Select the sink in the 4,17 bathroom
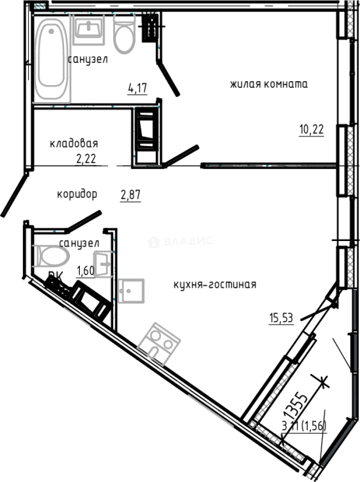point(88,29)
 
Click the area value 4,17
point(137,88)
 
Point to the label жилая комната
point(269,84)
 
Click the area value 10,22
point(311,129)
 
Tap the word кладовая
point(74,144)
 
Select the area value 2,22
point(86,159)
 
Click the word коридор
point(77,195)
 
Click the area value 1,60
point(86,271)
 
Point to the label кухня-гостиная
point(208,284)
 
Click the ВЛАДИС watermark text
point(187,241)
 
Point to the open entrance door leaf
point(13,195)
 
